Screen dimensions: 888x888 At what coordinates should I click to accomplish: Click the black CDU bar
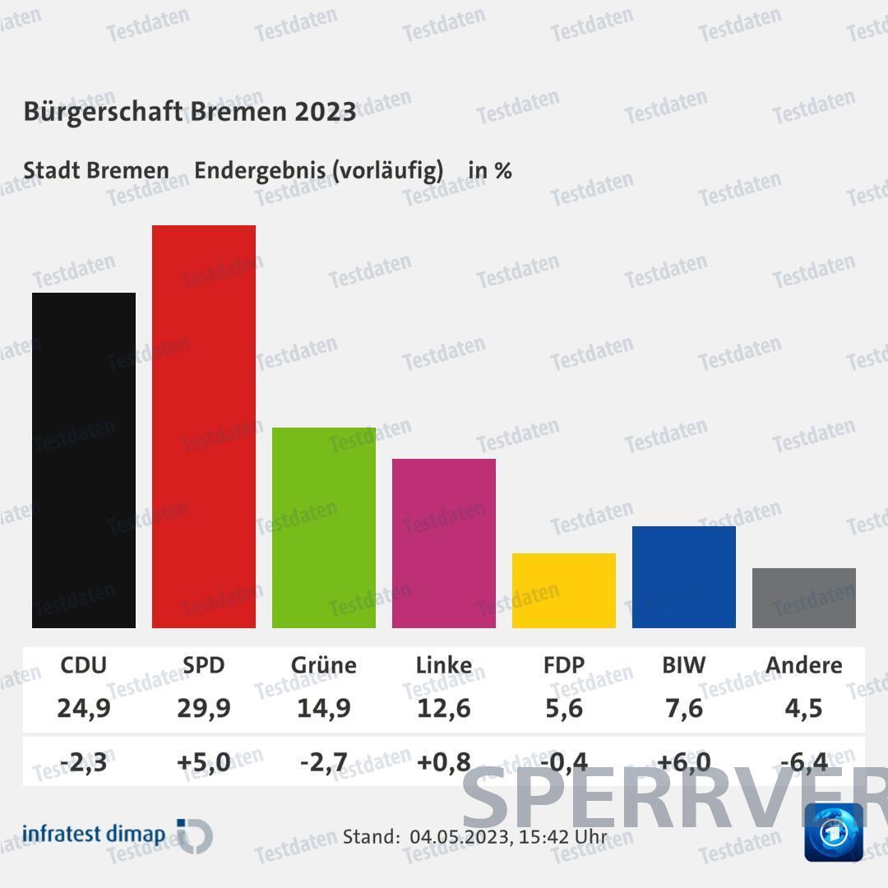84,460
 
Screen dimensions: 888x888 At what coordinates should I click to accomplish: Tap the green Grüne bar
324,528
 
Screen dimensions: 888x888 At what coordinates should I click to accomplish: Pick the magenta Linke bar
444,543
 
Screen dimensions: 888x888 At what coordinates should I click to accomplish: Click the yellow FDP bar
564,590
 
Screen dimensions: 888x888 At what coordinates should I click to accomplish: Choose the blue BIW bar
684,577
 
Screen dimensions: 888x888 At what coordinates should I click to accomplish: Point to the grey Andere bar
804,598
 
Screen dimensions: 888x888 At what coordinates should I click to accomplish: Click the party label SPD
204,664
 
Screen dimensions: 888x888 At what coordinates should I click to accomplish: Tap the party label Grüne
324,664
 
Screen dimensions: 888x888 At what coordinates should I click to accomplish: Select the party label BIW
684,664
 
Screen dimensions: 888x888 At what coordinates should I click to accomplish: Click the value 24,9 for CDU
84,707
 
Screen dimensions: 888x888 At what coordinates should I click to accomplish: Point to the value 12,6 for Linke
444,707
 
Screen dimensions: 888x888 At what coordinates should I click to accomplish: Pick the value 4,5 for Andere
804,707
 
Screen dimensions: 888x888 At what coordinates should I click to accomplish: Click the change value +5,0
204,762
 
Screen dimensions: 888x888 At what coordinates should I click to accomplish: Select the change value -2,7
324,762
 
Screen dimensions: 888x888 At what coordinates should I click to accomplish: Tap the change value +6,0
684,762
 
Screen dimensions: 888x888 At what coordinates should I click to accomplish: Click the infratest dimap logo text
94,834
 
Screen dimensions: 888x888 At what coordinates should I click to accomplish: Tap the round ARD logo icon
834,832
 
